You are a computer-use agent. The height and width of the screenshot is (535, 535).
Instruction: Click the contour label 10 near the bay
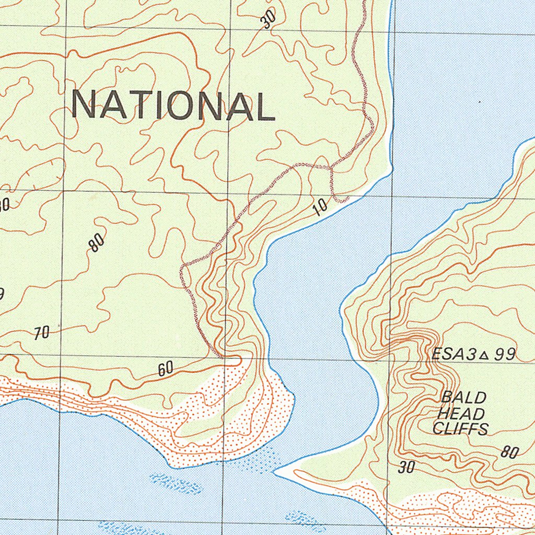(321, 207)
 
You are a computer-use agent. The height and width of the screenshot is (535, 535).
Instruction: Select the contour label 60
(166, 369)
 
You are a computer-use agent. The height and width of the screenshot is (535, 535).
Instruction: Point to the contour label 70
(42, 333)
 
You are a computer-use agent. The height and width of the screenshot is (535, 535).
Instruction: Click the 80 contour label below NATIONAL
(96, 242)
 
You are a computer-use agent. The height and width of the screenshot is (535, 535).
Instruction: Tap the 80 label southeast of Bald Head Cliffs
(509, 452)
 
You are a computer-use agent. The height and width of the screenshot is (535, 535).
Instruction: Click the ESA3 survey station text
(454, 355)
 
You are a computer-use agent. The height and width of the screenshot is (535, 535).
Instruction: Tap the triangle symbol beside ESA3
(484, 355)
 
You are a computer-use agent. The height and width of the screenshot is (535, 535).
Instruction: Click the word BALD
(463, 398)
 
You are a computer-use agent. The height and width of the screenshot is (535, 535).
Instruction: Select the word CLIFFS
(460, 429)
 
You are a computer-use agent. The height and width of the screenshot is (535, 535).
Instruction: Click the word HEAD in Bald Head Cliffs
(461, 413)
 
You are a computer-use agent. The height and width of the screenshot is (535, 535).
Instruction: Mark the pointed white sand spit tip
(276, 471)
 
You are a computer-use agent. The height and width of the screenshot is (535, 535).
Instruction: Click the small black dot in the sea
(480, 102)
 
